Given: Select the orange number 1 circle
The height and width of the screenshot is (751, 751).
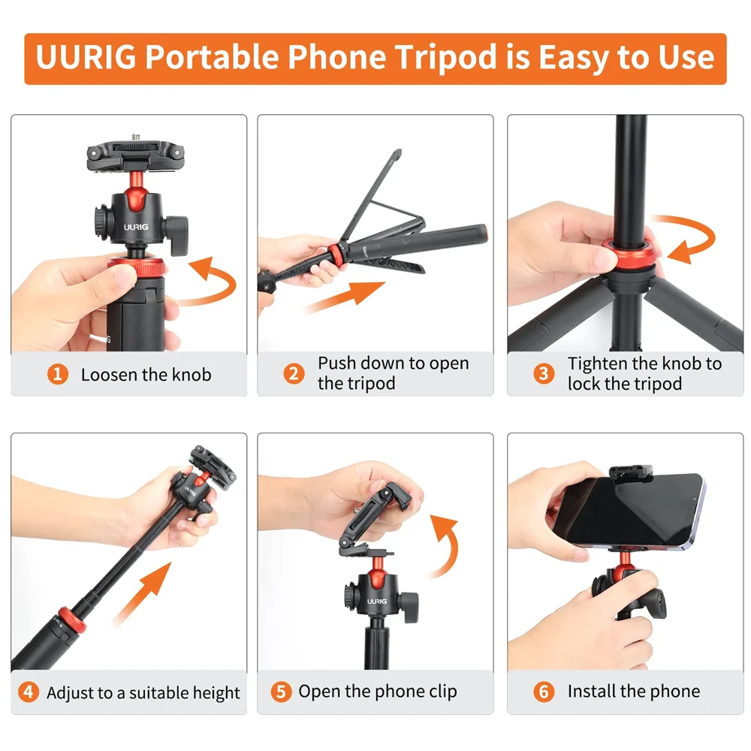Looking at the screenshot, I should coord(58,374).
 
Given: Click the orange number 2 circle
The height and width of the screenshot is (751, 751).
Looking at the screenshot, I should coord(294,373).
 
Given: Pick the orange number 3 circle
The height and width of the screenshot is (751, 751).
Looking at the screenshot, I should coord(544,373).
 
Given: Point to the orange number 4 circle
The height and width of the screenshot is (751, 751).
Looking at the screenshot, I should coord(29,692).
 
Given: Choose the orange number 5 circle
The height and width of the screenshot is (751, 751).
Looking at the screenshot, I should coord(281,692).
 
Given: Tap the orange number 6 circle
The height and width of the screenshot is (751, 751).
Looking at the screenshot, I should coord(544,692).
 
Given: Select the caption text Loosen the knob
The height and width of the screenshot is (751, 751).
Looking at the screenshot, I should coord(146,374).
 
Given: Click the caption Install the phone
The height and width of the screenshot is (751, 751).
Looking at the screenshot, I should coord(633,692).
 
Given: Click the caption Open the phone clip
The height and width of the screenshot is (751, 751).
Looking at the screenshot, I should coord(377,692).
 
